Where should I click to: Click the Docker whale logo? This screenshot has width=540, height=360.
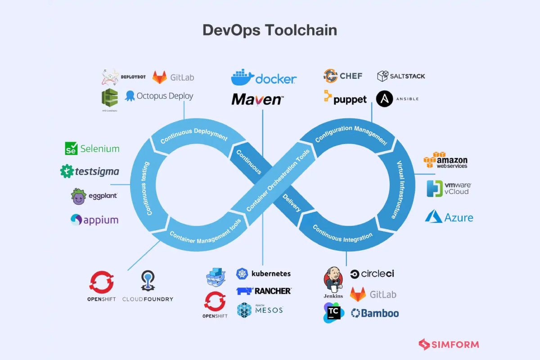point(242,77)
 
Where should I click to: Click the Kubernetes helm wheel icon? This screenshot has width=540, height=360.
point(242,273)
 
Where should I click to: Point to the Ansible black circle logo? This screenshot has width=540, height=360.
point(385,99)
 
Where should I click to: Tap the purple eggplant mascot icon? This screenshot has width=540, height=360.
point(78,197)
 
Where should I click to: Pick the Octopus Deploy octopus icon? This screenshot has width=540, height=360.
point(130,95)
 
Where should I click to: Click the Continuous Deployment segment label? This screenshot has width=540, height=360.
point(194,135)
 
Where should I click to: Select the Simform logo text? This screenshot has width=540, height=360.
point(455,345)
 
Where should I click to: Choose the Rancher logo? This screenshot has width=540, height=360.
point(264,291)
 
